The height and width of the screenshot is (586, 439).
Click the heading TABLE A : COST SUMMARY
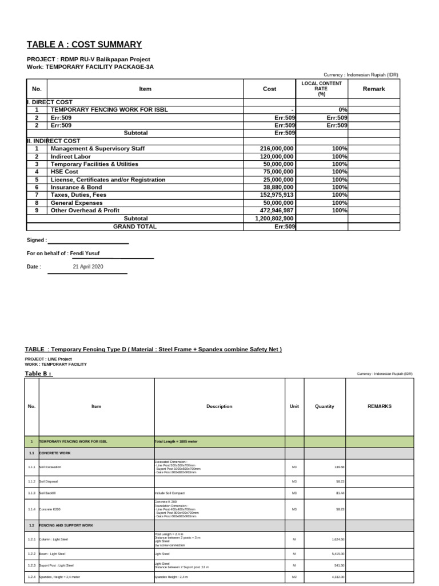(x=84, y=45)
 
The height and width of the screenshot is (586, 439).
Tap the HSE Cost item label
(x=65, y=172)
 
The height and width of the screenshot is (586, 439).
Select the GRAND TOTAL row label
(x=135, y=227)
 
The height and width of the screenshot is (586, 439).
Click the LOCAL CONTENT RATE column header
(x=322, y=89)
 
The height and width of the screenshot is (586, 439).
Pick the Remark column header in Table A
(x=374, y=89)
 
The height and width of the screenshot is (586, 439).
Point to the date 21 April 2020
(x=88, y=267)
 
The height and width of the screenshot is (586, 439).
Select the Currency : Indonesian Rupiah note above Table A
(x=361, y=75)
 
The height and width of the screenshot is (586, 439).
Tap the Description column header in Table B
(x=219, y=406)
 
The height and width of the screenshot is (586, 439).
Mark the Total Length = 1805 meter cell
(x=175, y=442)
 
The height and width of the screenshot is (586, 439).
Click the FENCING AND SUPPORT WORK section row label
(x=59, y=525)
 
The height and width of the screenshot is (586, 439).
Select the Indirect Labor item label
(x=71, y=156)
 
